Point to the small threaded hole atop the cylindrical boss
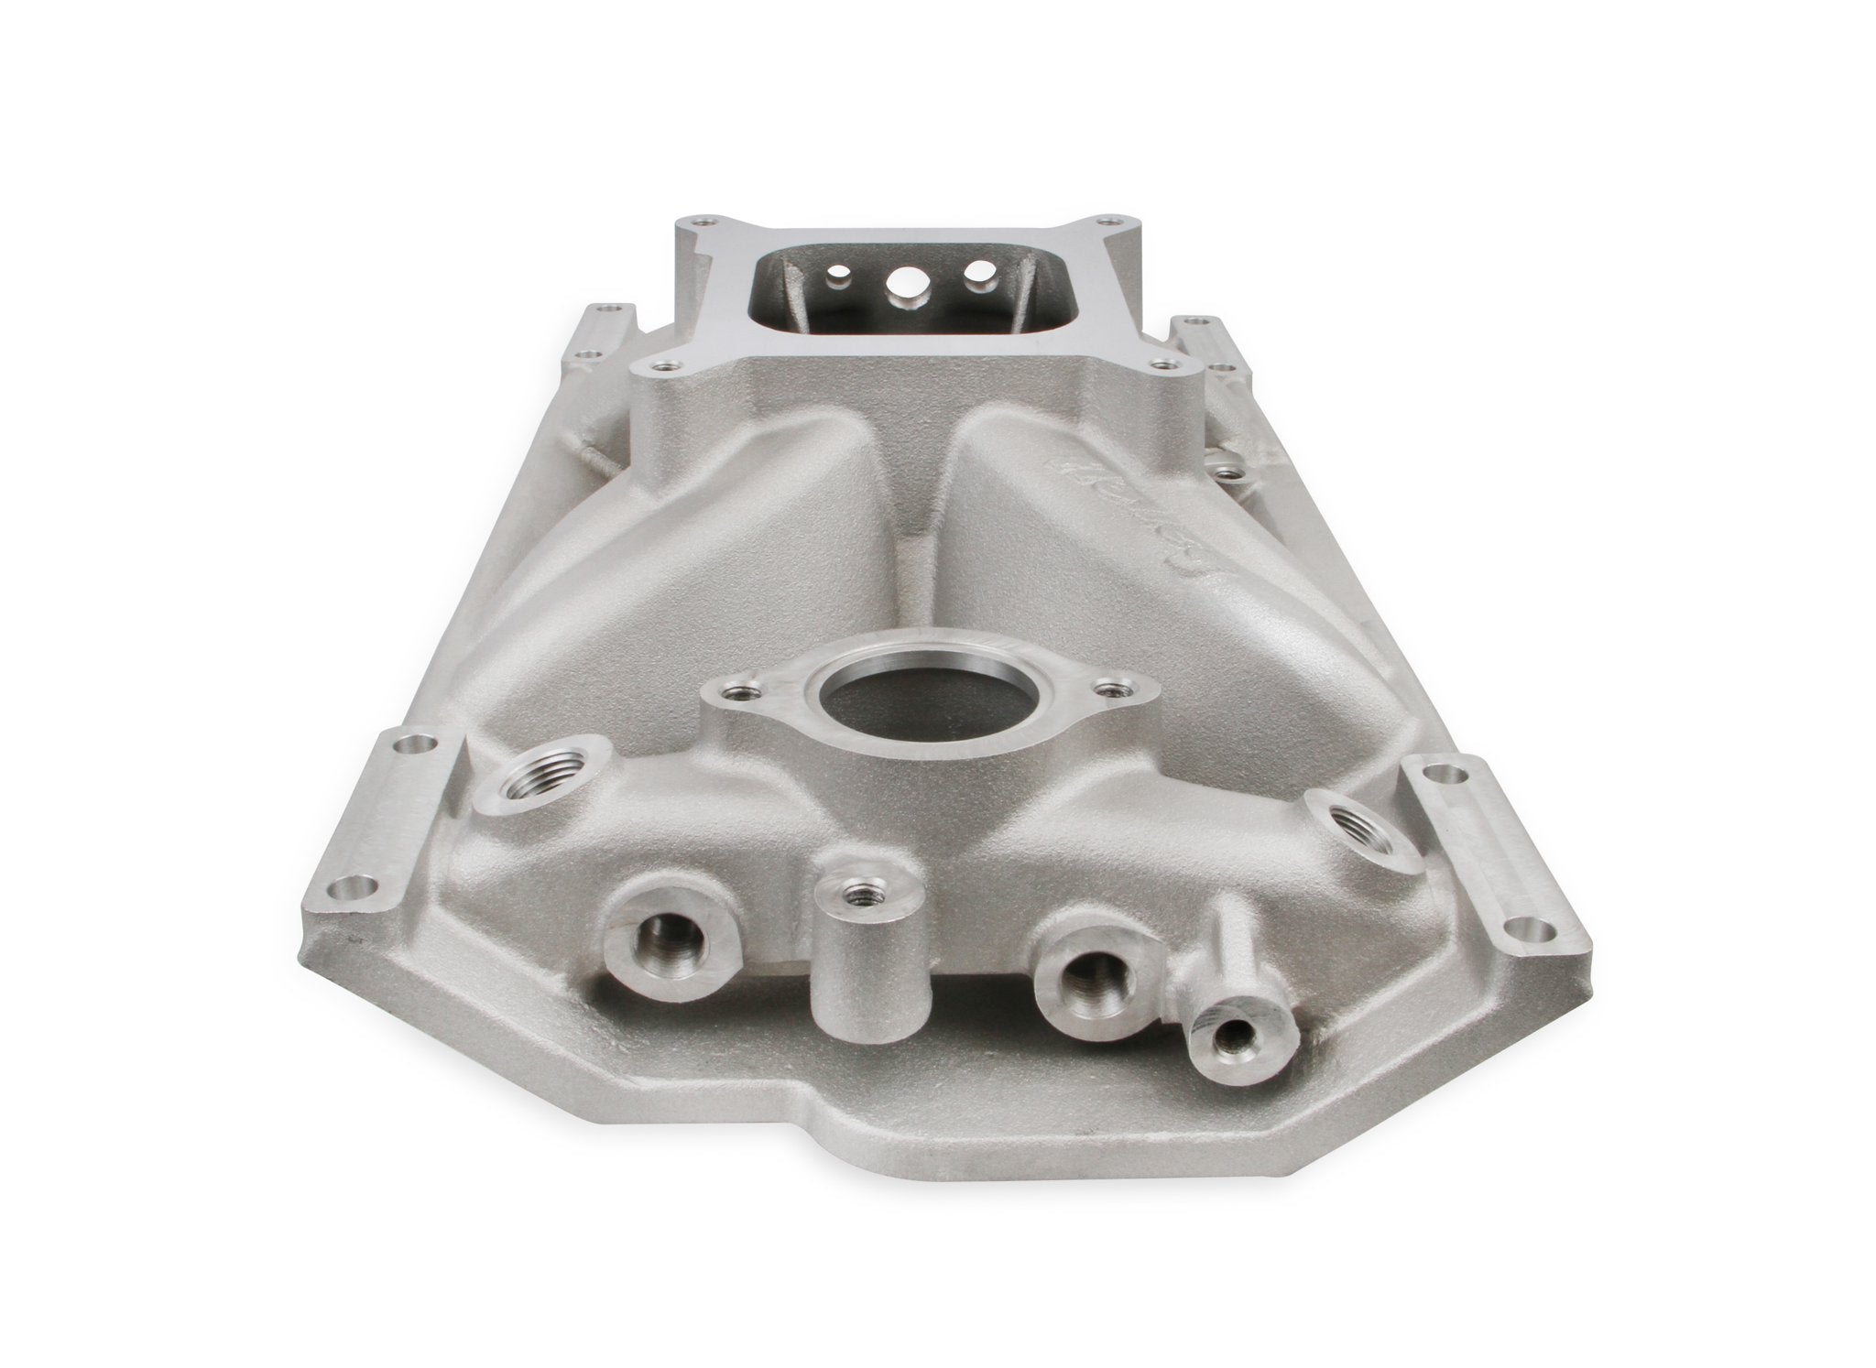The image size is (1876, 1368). (x=859, y=887)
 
